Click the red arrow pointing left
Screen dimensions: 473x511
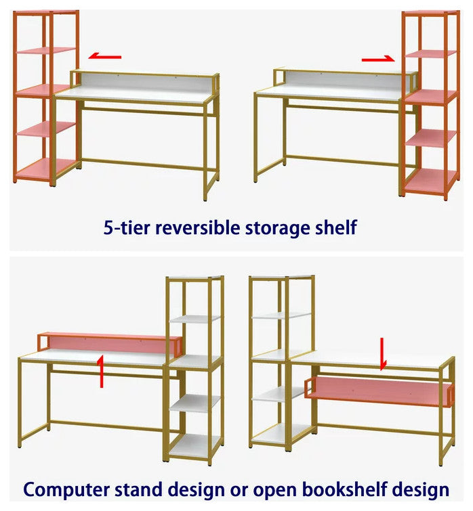pos(105,56)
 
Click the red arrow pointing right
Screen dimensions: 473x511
pos(378,59)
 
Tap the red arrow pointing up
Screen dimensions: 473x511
pos(101,371)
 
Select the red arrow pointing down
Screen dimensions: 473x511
pos(383,354)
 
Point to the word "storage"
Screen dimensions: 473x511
pos(277,228)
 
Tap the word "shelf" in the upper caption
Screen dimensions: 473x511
pos(335,227)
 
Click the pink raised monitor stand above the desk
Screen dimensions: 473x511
pos(110,343)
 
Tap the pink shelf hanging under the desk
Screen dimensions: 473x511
pos(379,391)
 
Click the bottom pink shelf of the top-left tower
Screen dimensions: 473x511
pos(46,169)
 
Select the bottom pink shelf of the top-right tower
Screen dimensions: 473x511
pos(430,181)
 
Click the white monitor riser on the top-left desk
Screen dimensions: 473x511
pos(144,81)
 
